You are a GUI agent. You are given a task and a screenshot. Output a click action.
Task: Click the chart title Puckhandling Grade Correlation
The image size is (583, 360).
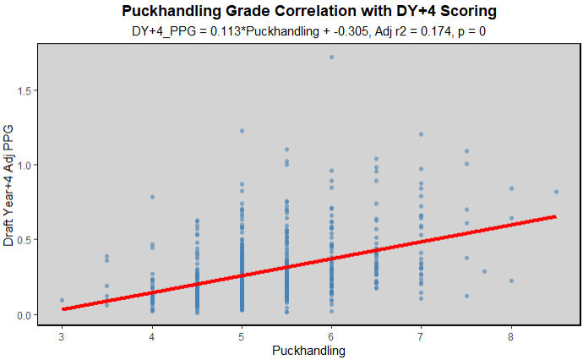pos(308,11)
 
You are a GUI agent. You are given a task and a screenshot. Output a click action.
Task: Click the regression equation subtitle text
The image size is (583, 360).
pos(308,31)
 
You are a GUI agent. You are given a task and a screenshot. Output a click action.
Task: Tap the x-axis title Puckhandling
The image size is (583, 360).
pos(308,349)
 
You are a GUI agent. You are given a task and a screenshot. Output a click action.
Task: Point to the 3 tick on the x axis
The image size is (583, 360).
pos(62,335)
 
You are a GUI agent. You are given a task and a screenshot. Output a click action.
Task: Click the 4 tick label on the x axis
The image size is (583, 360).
pos(152,335)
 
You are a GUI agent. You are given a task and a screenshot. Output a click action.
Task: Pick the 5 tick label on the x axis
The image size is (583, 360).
pos(242,335)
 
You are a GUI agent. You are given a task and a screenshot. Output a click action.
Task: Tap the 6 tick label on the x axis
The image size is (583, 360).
pos(331,335)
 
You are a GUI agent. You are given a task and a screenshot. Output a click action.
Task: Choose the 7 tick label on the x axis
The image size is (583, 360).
pos(421,335)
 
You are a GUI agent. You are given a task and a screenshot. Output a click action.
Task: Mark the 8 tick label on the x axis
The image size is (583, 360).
pos(511,335)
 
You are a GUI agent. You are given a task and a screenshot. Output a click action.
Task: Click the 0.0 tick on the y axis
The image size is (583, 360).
pos(25,315)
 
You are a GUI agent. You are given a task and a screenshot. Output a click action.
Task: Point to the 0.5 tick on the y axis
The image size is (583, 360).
pos(25,240)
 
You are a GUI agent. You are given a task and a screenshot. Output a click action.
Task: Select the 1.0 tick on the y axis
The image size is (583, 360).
pos(25,165)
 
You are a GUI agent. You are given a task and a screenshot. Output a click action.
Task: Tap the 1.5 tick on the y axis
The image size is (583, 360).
pos(25,90)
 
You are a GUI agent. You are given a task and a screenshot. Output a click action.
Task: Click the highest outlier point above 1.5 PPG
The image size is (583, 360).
pos(331,57)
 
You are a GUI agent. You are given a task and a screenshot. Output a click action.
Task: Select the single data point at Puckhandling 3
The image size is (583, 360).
pos(63,300)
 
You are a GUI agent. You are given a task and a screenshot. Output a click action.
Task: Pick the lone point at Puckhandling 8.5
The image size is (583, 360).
pos(556,192)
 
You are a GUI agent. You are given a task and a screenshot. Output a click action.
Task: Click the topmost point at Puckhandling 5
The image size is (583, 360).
pos(242,131)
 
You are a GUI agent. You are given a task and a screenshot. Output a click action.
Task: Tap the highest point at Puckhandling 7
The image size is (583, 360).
pos(421,134)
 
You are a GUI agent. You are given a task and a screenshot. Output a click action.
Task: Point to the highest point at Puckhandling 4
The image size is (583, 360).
pos(152,197)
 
